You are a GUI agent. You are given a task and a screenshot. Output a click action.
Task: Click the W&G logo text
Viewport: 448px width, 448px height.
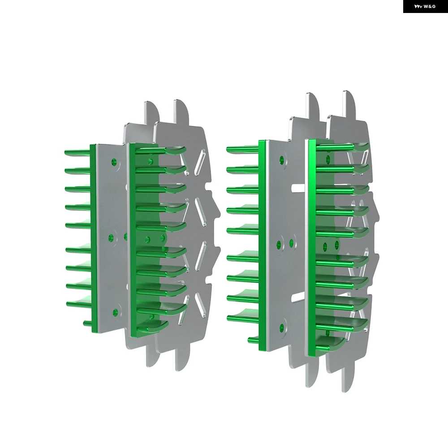[430, 6]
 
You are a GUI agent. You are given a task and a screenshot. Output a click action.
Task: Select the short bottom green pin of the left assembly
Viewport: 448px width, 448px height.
[87, 324]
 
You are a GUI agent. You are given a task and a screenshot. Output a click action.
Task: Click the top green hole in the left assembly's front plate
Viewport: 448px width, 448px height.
[115, 162]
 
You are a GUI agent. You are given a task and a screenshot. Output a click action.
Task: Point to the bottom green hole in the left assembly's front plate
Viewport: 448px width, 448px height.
[116, 313]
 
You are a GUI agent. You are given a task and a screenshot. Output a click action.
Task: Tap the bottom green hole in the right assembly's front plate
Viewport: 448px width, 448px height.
[282, 327]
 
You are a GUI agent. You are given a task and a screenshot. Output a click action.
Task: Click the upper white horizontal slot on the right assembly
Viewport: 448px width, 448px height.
[298, 188]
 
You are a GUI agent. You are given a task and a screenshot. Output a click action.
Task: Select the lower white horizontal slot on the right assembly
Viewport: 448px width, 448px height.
[298, 297]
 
